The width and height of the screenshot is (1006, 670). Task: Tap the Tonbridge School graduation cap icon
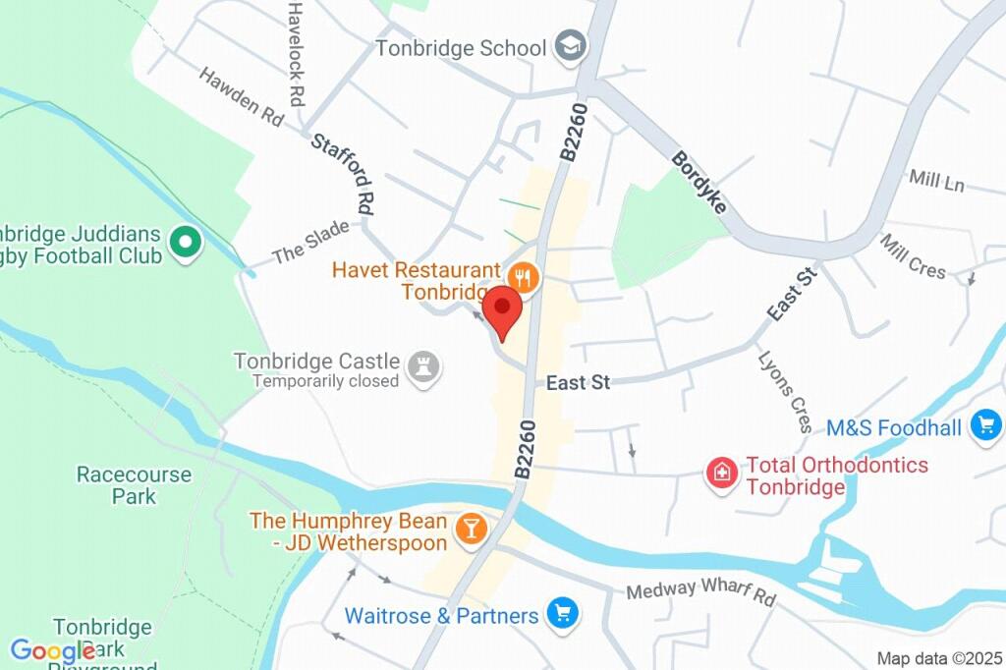pyautogui.click(x=569, y=45)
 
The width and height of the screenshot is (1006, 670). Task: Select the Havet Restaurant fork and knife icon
pyautogui.click(x=525, y=277)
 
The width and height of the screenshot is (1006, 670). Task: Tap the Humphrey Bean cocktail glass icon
pyautogui.click(x=472, y=530)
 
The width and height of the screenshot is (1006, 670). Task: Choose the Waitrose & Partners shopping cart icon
pyautogui.click(x=563, y=615)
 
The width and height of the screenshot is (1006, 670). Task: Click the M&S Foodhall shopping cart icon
pyautogui.click(x=985, y=426)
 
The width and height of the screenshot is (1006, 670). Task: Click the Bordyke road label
pyautogui.click(x=699, y=183)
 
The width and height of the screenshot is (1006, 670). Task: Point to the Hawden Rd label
pyautogui.click(x=241, y=96)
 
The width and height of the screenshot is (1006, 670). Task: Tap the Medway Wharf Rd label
pyautogui.click(x=700, y=591)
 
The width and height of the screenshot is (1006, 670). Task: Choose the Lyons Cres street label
pyautogui.click(x=786, y=390)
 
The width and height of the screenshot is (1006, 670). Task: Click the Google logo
pyautogui.click(x=52, y=650)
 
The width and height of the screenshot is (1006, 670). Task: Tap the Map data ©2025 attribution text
pyautogui.click(x=938, y=658)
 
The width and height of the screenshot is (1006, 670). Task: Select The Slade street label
pyautogui.click(x=310, y=242)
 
